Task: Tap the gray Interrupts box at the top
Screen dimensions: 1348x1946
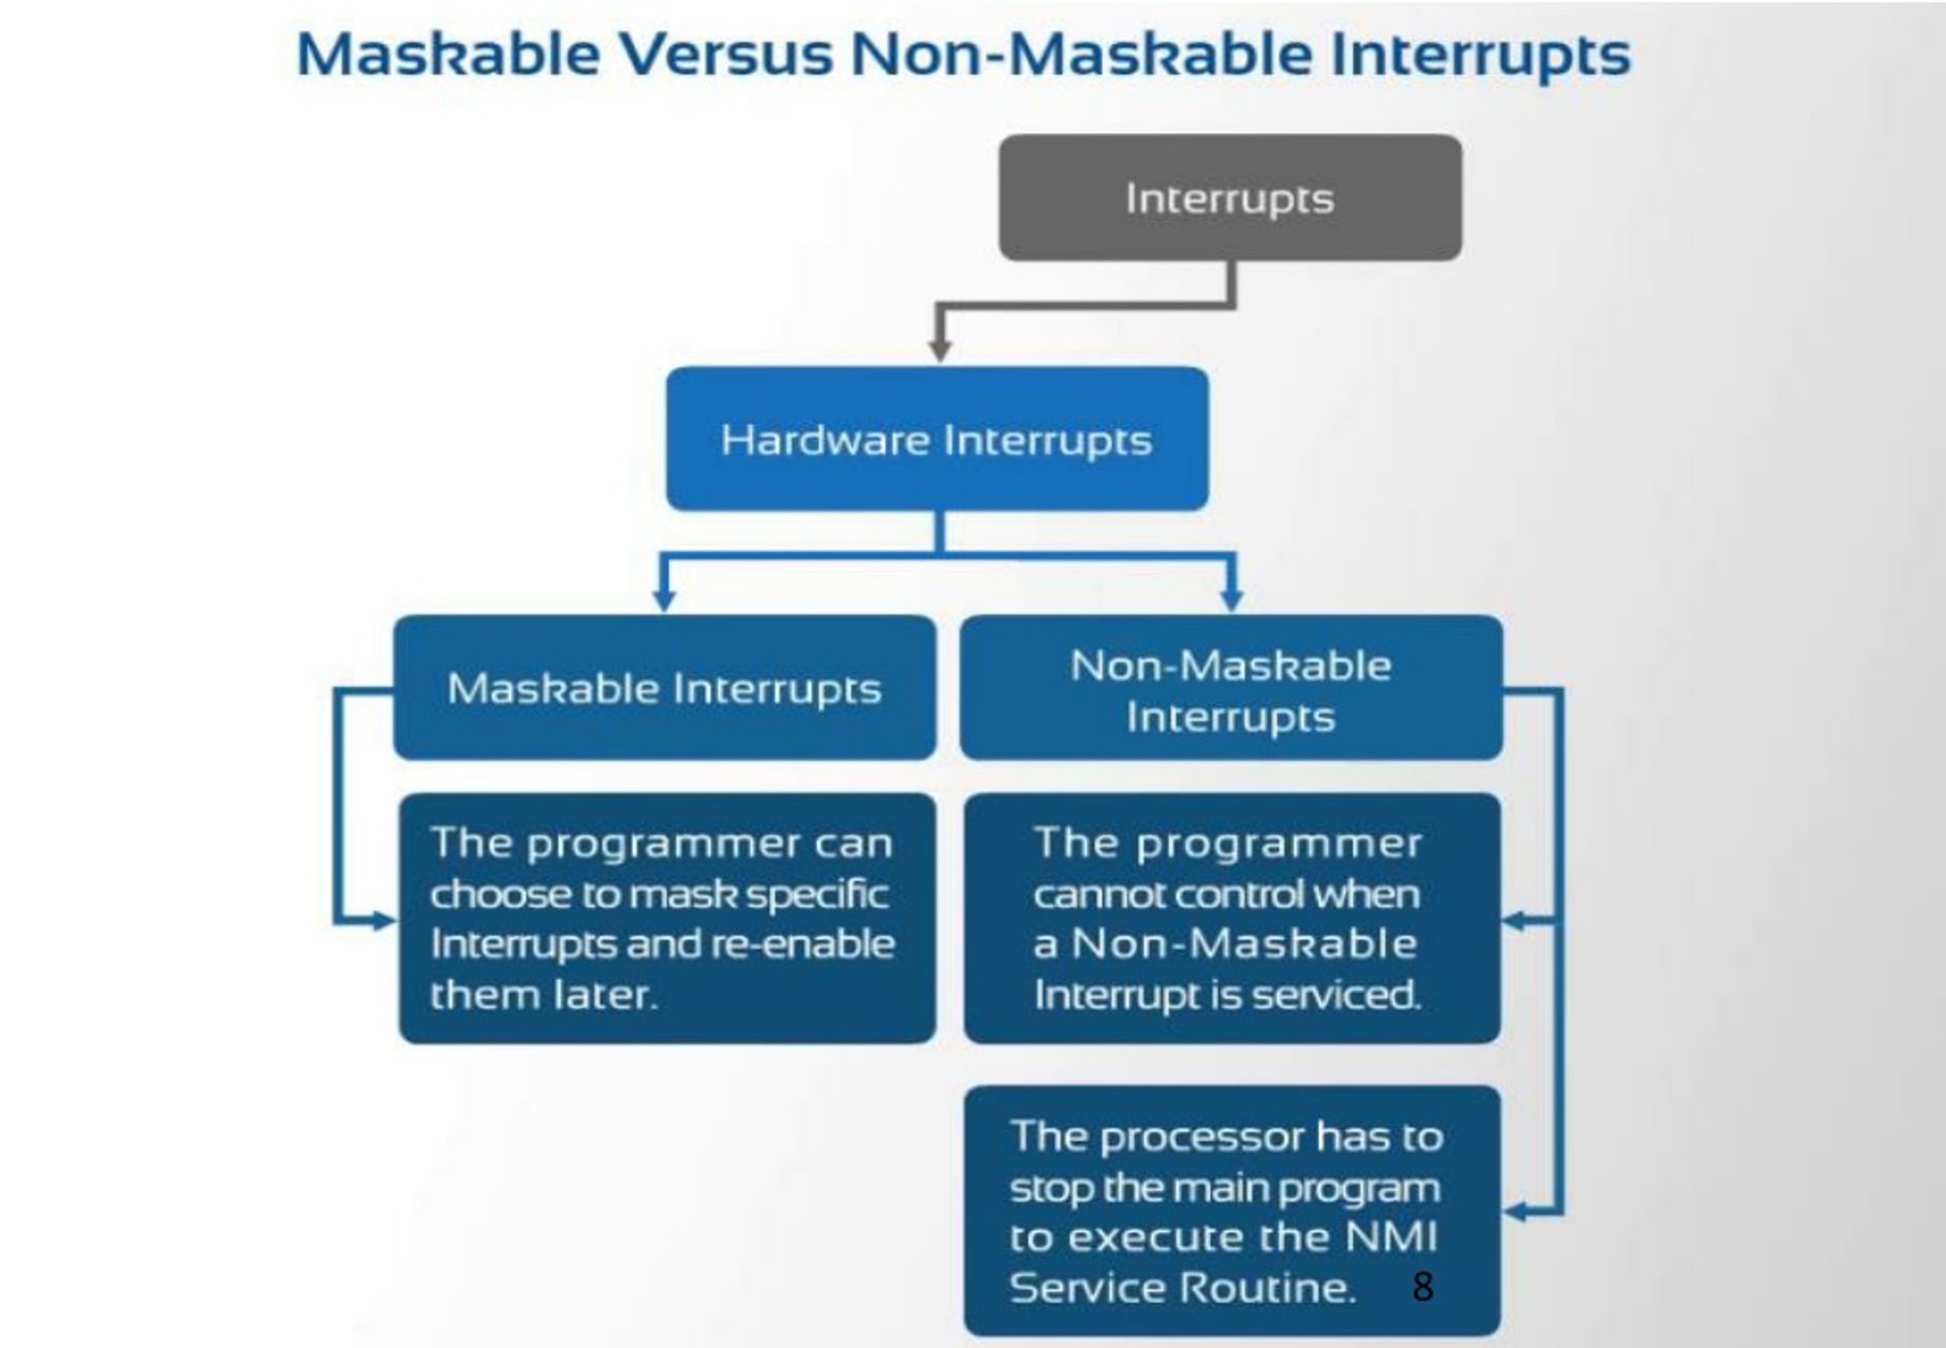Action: click(1230, 198)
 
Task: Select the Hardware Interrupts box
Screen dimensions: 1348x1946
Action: click(937, 439)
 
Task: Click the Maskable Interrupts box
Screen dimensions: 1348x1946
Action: click(664, 687)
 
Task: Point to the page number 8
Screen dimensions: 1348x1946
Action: click(1422, 1286)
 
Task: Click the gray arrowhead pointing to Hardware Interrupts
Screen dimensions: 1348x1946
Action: click(940, 350)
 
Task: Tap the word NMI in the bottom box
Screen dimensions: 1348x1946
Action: click(1390, 1236)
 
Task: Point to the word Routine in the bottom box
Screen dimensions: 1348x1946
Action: click(1266, 1287)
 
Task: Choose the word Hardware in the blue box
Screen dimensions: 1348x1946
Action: click(823, 439)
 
